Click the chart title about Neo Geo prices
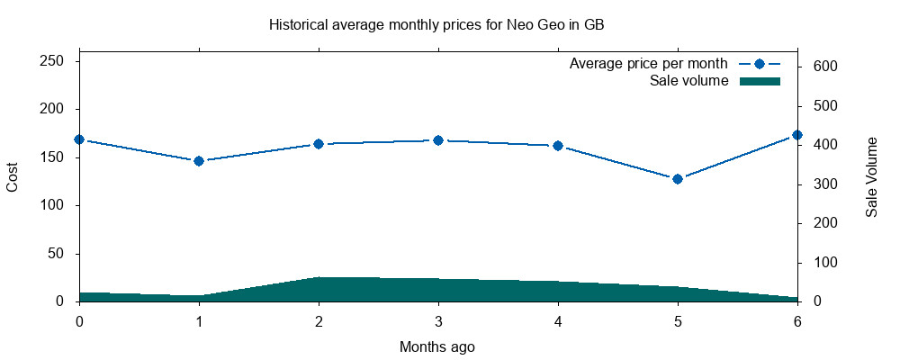click(436, 24)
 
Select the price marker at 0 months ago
click(79, 139)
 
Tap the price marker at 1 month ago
click(199, 161)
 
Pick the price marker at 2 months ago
click(319, 144)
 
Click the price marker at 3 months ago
click(438, 140)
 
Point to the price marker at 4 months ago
click(558, 146)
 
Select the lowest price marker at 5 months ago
click(678, 179)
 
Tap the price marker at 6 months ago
click(796, 135)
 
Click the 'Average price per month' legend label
click(648, 64)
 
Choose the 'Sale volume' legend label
click(688, 81)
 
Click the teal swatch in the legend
click(760, 81)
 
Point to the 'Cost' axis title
click(13, 176)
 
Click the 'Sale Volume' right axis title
click(871, 176)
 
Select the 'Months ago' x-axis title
click(437, 346)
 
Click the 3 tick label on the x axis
click(438, 320)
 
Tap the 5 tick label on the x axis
click(678, 320)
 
